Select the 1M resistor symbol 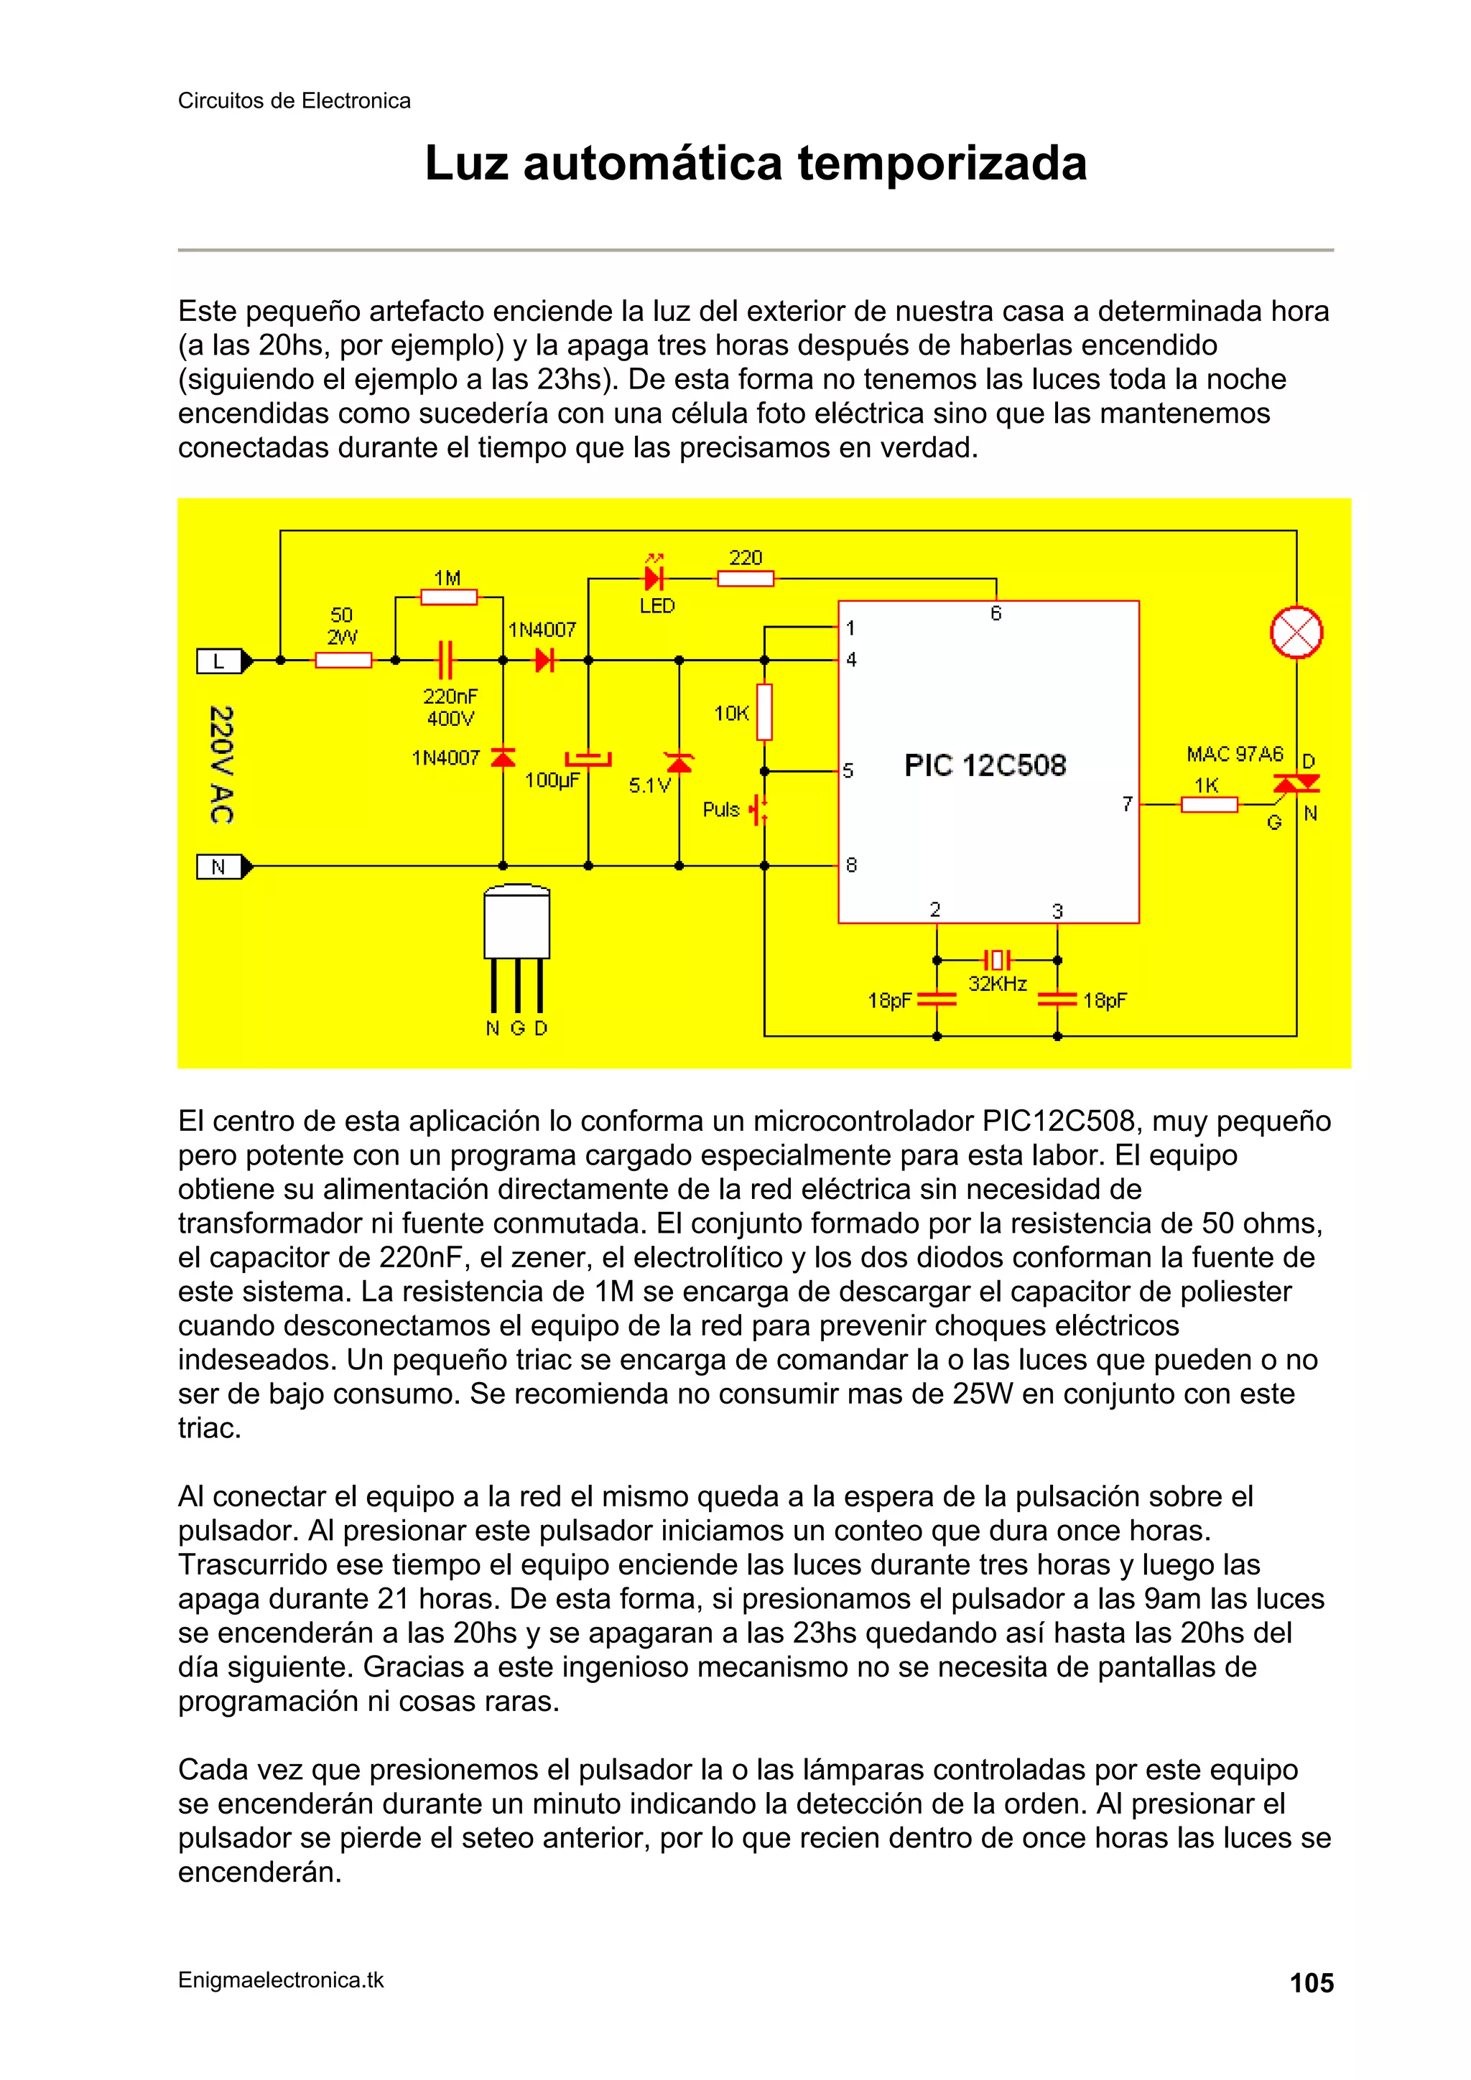(x=449, y=597)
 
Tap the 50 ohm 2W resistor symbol (x=343, y=661)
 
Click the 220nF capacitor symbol (x=445, y=661)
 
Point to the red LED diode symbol (x=654, y=578)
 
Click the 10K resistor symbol (x=764, y=712)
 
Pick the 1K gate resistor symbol (x=1208, y=803)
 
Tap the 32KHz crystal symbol (x=997, y=959)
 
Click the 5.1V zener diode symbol (x=679, y=762)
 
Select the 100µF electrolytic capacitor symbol (x=588, y=758)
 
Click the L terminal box (x=218, y=661)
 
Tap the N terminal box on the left (x=218, y=867)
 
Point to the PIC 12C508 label (x=985, y=765)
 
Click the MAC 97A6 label (x=1235, y=754)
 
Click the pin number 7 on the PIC (x=1126, y=803)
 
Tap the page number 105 (x=1311, y=1983)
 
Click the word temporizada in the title (x=942, y=164)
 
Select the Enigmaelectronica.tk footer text (x=281, y=1980)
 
